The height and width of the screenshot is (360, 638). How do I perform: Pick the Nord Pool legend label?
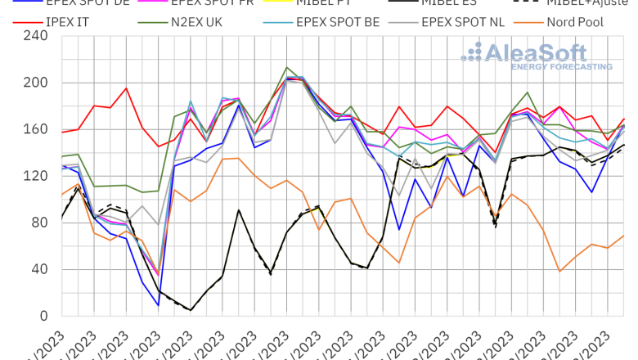[574, 22]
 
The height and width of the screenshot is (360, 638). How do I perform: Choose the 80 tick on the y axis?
[40, 223]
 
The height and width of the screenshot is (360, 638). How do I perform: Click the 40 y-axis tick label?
[40, 269]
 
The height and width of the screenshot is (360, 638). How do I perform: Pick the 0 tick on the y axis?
[44, 316]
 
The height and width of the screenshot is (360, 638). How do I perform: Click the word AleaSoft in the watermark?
[536, 53]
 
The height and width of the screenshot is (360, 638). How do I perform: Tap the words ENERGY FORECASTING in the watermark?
[561, 66]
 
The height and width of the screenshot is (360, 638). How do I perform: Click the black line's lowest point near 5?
[191, 310]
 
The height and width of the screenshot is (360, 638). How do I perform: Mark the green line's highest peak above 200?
[286, 68]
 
